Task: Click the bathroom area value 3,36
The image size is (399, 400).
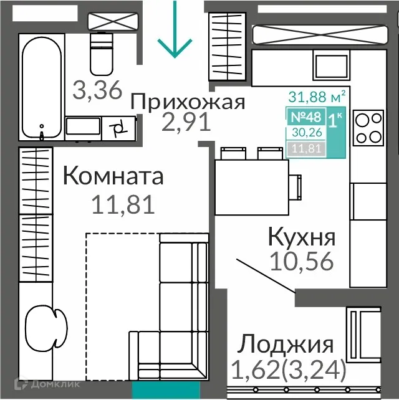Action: point(96,91)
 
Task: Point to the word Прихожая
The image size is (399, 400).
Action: point(188,102)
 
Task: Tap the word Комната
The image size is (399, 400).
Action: point(113,176)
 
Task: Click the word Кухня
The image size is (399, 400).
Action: point(302,237)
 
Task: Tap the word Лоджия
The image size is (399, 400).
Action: point(287,344)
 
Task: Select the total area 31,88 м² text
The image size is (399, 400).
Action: point(317,97)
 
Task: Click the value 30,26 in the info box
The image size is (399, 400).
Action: point(302,132)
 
